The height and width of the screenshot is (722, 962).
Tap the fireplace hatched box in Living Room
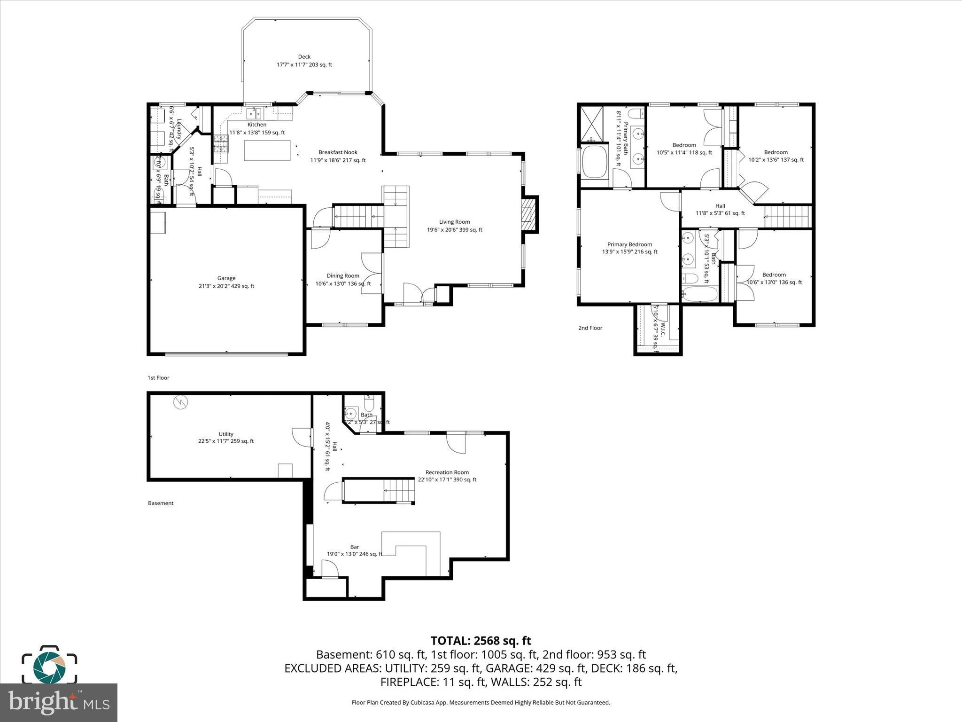(529, 214)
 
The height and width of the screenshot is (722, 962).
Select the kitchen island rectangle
(266, 150)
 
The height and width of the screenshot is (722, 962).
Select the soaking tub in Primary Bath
(595, 162)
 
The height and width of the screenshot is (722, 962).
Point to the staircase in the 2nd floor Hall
(787, 217)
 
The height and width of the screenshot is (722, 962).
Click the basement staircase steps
(399, 491)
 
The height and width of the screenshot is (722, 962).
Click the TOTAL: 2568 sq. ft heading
(481, 641)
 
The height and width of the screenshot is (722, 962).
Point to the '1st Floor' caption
(158, 378)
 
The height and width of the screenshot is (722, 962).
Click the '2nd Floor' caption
(590, 328)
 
